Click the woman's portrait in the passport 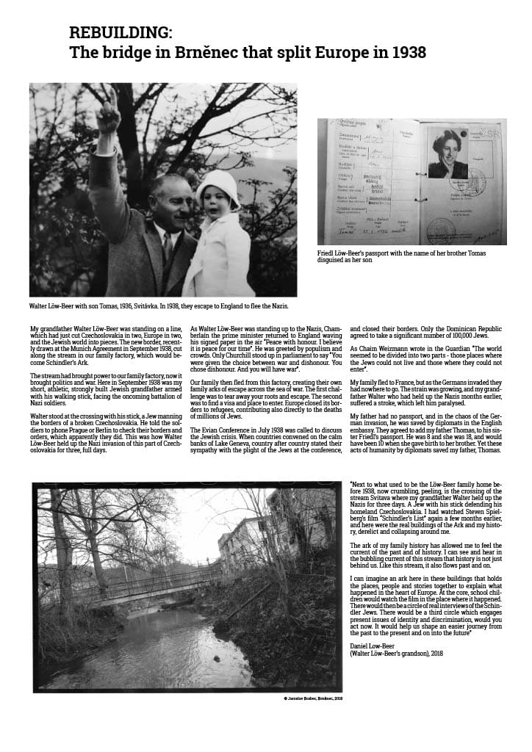(x=448, y=153)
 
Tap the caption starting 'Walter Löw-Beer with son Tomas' (x=158, y=305)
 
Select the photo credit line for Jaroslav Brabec (x=308, y=698)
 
